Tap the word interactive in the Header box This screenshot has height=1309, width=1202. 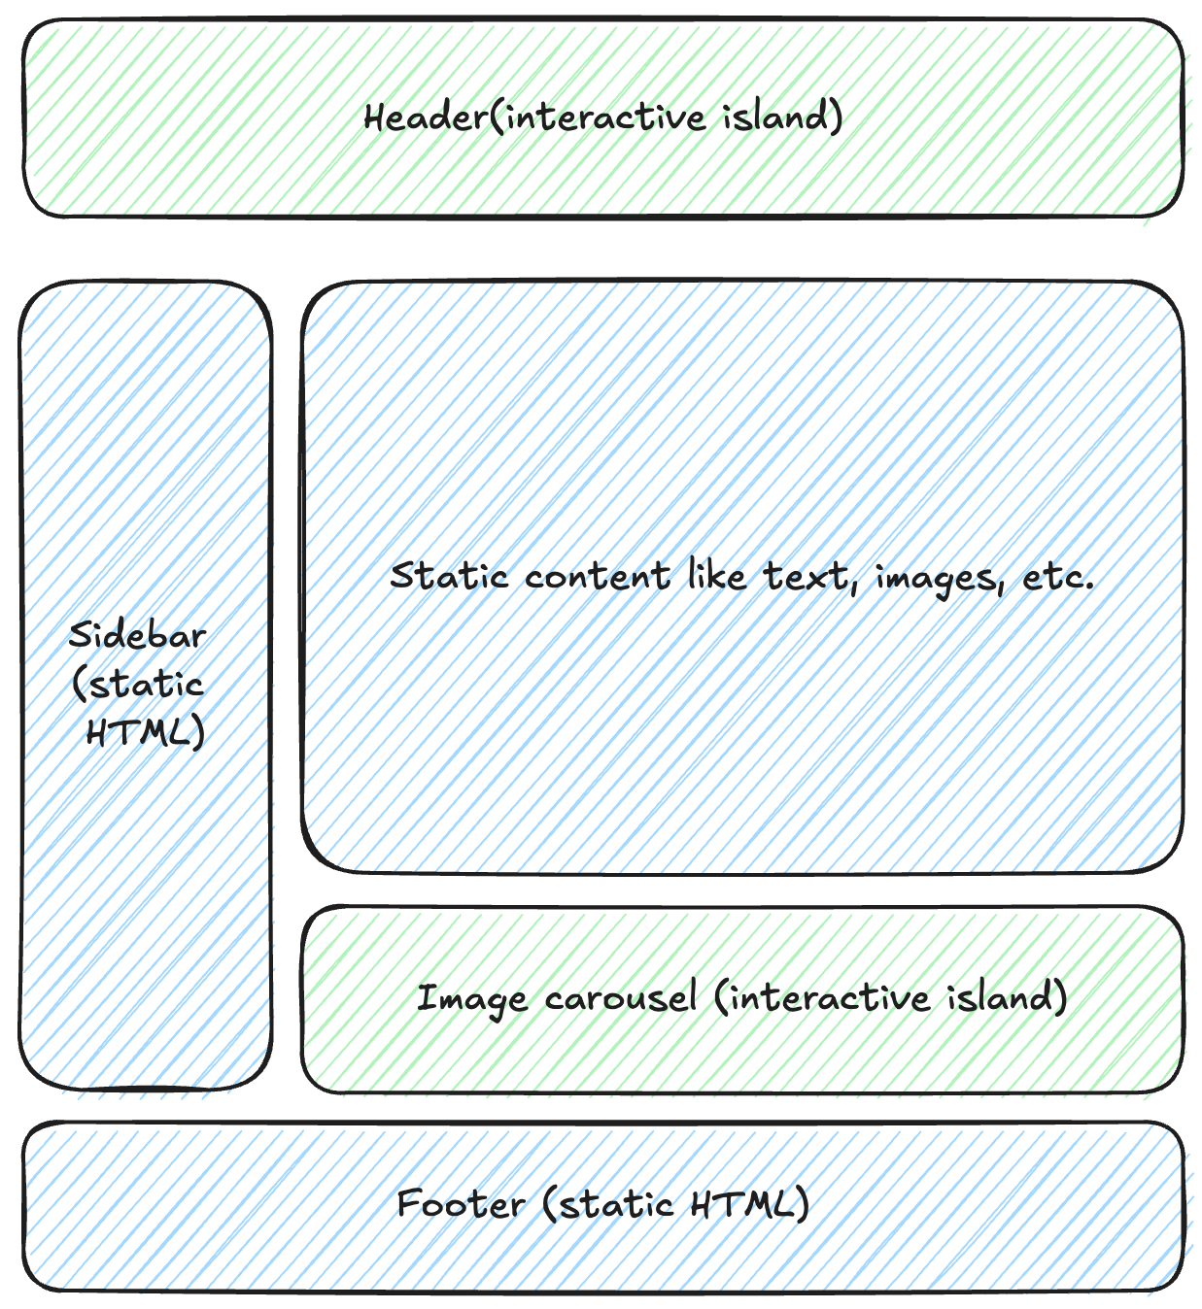click(604, 117)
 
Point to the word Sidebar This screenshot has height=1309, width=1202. click(137, 636)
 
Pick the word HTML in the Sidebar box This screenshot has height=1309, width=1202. click(143, 731)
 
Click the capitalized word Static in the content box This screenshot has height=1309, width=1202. click(449, 576)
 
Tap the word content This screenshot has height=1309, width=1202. click(597, 577)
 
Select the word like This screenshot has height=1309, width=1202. click(717, 576)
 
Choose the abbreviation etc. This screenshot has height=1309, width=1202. click(1057, 577)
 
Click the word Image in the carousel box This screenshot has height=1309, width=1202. click(471, 999)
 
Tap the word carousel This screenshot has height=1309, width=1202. click(620, 998)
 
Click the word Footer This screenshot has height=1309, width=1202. click(461, 1204)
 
